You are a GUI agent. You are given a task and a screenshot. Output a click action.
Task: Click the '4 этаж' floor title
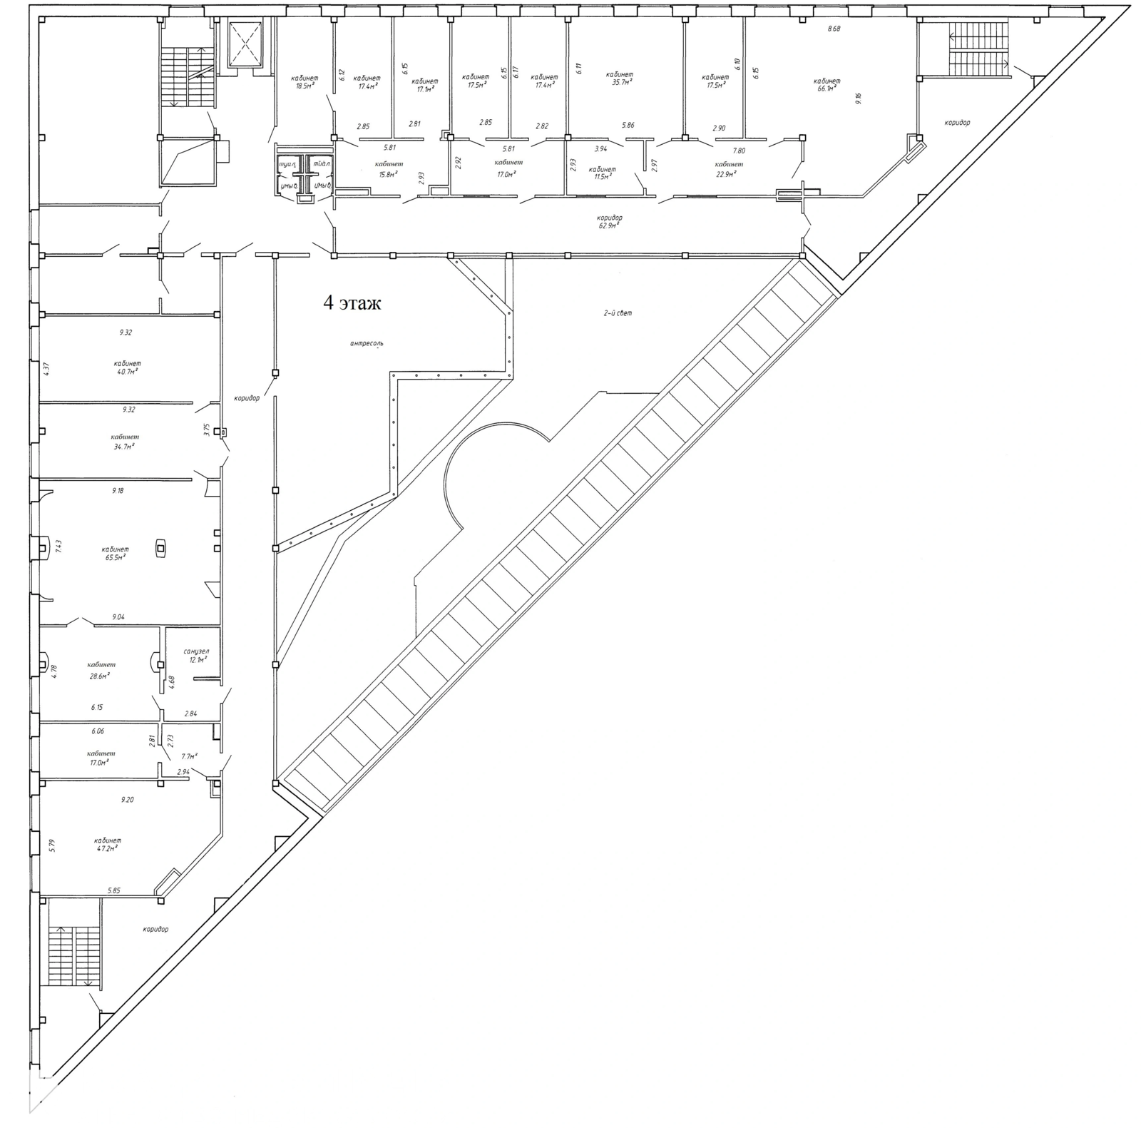click(x=352, y=303)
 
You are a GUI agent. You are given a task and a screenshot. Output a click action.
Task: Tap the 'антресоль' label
click(x=367, y=343)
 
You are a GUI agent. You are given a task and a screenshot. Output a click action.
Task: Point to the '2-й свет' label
click(x=618, y=313)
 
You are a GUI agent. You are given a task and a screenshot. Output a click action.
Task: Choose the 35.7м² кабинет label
click(x=619, y=78)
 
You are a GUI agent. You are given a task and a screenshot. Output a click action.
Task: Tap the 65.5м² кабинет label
click(x=114, y=553)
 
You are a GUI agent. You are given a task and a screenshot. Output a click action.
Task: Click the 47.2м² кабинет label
click(x=106, y=844)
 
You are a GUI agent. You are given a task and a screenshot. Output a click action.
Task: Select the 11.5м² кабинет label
click(x=603, y=173)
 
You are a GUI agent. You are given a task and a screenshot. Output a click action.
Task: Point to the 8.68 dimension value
click(x=834, y=29)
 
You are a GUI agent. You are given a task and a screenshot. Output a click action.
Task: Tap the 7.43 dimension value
click(x=59, y=547)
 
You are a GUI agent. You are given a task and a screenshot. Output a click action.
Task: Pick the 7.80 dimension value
click(x=740, y=151)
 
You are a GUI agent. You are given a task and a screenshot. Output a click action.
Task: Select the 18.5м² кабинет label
click(x=305, y=81)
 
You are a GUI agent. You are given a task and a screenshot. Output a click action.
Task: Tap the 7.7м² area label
click(x=189, y=756)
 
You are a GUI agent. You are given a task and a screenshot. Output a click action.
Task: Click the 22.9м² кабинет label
click(x=729, y=168)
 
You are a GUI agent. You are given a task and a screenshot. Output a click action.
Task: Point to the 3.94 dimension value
click(x=600, y=148)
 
